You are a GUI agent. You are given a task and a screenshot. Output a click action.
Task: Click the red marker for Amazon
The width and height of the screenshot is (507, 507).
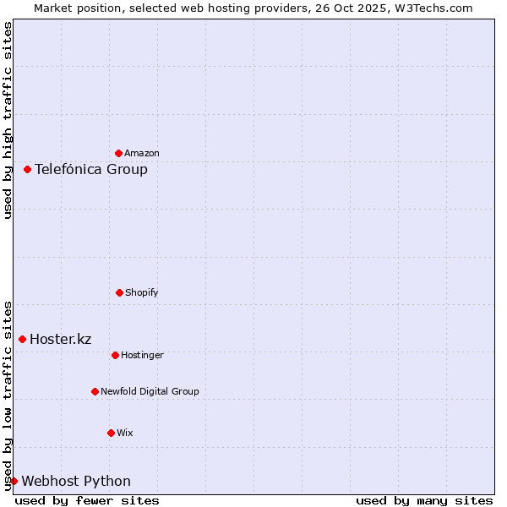click(x=118, y=153)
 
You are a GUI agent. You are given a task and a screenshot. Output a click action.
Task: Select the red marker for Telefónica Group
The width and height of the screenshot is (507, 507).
click(x=27, y=169)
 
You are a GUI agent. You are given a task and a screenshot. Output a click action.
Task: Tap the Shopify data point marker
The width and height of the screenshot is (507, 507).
click(x=119, y=292)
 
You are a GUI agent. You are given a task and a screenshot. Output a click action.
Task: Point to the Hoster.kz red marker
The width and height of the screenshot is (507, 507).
click(x=22, y=339)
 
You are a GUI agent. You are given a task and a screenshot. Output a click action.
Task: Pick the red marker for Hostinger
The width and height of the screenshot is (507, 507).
click(x=115, y=355)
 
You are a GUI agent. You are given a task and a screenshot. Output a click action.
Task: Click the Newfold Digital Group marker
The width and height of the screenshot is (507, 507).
click(x=95, y=391)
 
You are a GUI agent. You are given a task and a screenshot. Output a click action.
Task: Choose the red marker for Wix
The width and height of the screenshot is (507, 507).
click(x=111, y=433)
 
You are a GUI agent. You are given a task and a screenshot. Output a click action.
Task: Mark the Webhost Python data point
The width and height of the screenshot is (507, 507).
click(x=14, y=481)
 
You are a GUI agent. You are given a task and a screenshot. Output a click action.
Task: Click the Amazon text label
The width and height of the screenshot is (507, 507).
click(x=142, y=154)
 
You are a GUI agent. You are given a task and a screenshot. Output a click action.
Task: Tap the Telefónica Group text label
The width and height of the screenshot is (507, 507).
click(x=91, y=170)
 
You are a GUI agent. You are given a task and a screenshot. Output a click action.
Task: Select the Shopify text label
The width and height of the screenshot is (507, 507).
click(x=142, y=293)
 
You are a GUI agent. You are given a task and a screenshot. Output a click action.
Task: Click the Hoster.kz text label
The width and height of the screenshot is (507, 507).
click(x=61, y=340)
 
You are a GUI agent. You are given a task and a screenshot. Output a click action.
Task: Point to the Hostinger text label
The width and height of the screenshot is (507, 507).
click(x=142, y=356)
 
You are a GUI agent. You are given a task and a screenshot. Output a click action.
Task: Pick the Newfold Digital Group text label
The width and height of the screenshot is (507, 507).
click(x=150, y=392)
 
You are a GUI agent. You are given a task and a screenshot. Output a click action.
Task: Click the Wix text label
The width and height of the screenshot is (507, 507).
click(x=125, y=433)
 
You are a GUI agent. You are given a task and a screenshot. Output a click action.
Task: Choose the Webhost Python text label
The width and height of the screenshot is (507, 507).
click(x=76, y=482)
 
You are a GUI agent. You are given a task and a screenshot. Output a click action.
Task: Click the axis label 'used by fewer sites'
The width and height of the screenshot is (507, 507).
click(x=87, y=500)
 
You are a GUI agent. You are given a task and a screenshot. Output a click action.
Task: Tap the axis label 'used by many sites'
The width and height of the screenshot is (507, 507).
click(x=424, y=500)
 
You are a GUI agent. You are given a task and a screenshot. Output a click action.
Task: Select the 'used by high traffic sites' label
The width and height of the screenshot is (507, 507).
click(x=8, y=120)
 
